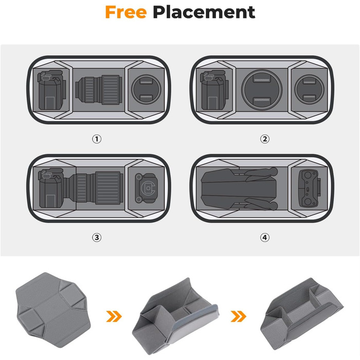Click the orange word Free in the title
(x=126, y=12)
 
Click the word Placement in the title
(x=204, y=12)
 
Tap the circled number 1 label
(x=97, y=139)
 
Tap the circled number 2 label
(x=265, y=139)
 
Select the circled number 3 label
(x=97, y=238)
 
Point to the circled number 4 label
(x=265, y=238)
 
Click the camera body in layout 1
(x=51, y=90)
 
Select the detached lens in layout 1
(x=99, y=89)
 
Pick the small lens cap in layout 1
(x=146, y=89)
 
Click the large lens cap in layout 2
(x=262, y=90)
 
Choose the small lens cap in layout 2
(x=309, y=89)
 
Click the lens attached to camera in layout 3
(x=95, y=188)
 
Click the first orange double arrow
(x=114, y=316)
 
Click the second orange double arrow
(x=238, y=316)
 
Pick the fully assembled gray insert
(x=301, y=313)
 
